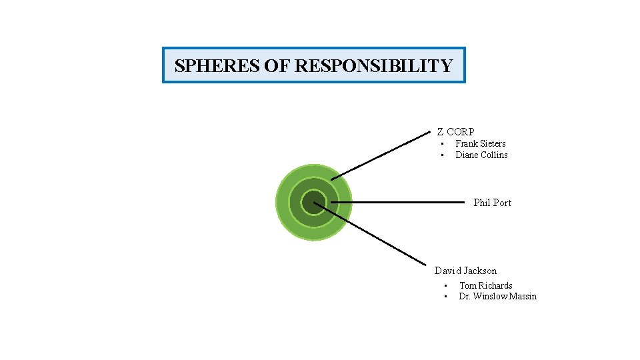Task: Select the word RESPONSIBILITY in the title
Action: [373, 66]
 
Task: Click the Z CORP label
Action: [455, 132]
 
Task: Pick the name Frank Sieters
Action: [480, 143]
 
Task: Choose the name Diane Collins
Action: [481, 155]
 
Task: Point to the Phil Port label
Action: [492, 202]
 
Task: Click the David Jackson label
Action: [465, 271]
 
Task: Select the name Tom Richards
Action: [485, 285]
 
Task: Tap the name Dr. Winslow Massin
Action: [497, 296]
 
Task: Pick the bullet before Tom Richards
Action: [445, 286]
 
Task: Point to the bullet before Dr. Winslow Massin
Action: [445, 297]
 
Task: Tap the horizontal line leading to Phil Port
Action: [397, 202]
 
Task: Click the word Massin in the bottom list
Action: [523, 296]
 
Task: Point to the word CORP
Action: [461, 132]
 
